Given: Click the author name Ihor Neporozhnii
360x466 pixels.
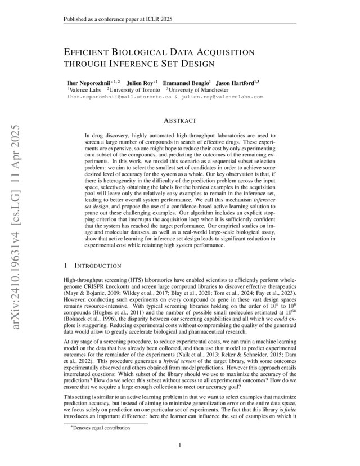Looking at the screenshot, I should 89,82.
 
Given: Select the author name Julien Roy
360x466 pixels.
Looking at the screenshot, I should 139,82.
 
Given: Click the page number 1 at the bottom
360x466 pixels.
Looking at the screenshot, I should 179,446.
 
